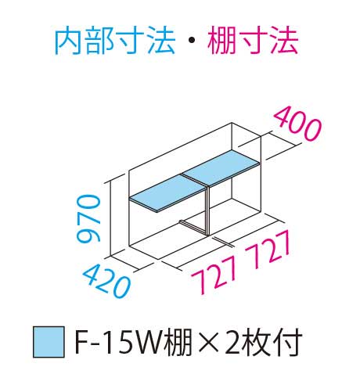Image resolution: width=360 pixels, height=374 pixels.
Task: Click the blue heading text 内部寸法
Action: click(x=114, y=42)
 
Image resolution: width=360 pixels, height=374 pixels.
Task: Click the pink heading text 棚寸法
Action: click(x=253, y=41)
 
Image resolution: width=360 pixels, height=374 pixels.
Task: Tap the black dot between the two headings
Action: click(x=191, y=41)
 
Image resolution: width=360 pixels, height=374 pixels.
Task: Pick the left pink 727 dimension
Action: click(x=214, y=276)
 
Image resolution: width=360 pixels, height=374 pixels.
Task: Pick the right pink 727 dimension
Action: click(x=268, y=247)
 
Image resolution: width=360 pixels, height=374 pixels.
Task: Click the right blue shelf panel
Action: click(x=221, y=167)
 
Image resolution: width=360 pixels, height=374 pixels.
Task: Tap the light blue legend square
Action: click(x=49, y=341)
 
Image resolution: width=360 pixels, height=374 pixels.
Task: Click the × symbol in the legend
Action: click(x=208, y=342)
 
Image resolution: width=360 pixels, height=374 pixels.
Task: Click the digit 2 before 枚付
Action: click(x=232, y=341)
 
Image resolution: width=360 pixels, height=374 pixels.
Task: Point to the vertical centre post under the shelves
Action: click(x=207, y=210)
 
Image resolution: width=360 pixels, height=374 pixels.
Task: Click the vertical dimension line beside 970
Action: click(x=111, y=218)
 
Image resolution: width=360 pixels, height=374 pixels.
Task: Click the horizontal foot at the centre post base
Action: click(x=193, y=227)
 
